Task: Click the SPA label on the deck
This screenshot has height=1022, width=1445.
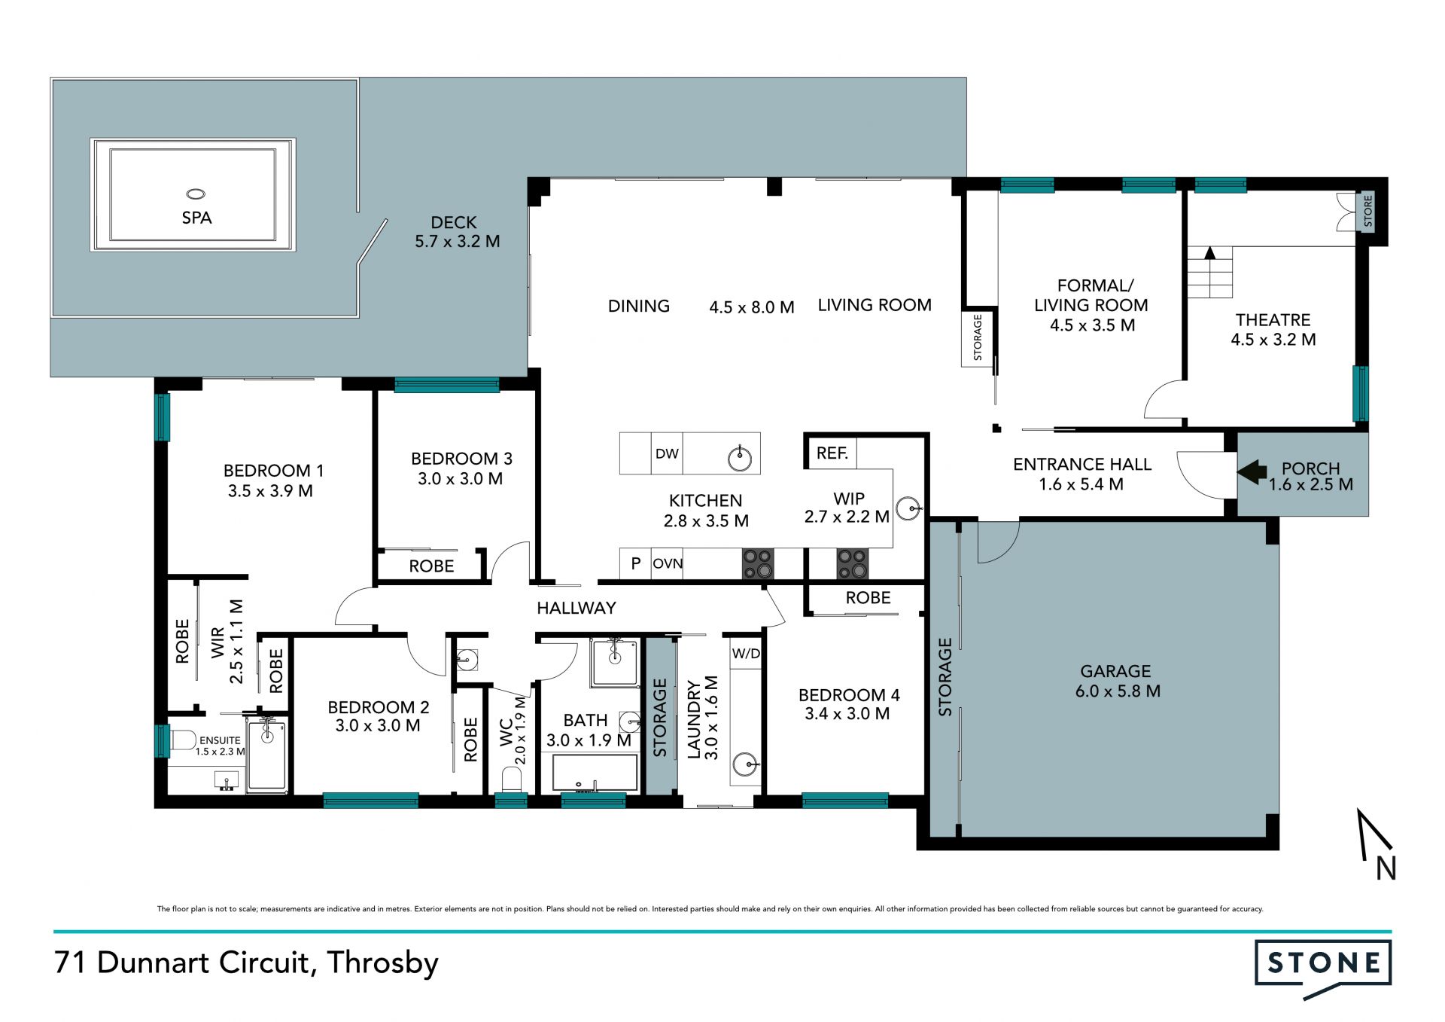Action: pyautogui.click(x=196, y=218)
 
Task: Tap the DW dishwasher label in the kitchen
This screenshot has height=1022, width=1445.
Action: pyautogui.click(x=667, y=453)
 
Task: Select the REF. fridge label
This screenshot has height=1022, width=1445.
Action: pyautogui.click(x=832, y=453)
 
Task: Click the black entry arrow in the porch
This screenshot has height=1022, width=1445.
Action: pyautogui.click(x=1252, y=472)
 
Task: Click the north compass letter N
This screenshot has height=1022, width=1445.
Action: pyautogui.click(x=1386, y=868)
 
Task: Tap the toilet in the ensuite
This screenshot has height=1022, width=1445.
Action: pyautogui.click(x=183, y=740)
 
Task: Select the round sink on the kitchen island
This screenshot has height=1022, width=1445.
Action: pyautogui.click(x=740, y=458)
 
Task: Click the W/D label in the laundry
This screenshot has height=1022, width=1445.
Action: pyautogui.click(x=746, y=654)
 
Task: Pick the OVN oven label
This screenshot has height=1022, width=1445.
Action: pyautogui.click(x=668, y=563)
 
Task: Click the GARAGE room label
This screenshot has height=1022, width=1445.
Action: pyautogui.click(x=1115, y=671)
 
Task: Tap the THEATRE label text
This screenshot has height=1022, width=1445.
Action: pyautogui.click(x=1273, y=320)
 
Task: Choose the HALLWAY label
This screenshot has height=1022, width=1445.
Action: pyautogui.click(x=576, y=608)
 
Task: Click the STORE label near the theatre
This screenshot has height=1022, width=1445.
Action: pyautogui.click(x=1368, y=211)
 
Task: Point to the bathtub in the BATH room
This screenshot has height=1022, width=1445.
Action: pyautogui.click(x=595, y=772)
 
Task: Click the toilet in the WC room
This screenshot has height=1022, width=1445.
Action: pyautogui.click(x=511, y=779)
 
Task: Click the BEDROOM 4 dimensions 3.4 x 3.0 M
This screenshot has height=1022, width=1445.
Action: pyautogui.click(x=847, y=714)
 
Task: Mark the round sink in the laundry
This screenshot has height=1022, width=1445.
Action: pyautogui.click(x=746, y=764)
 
